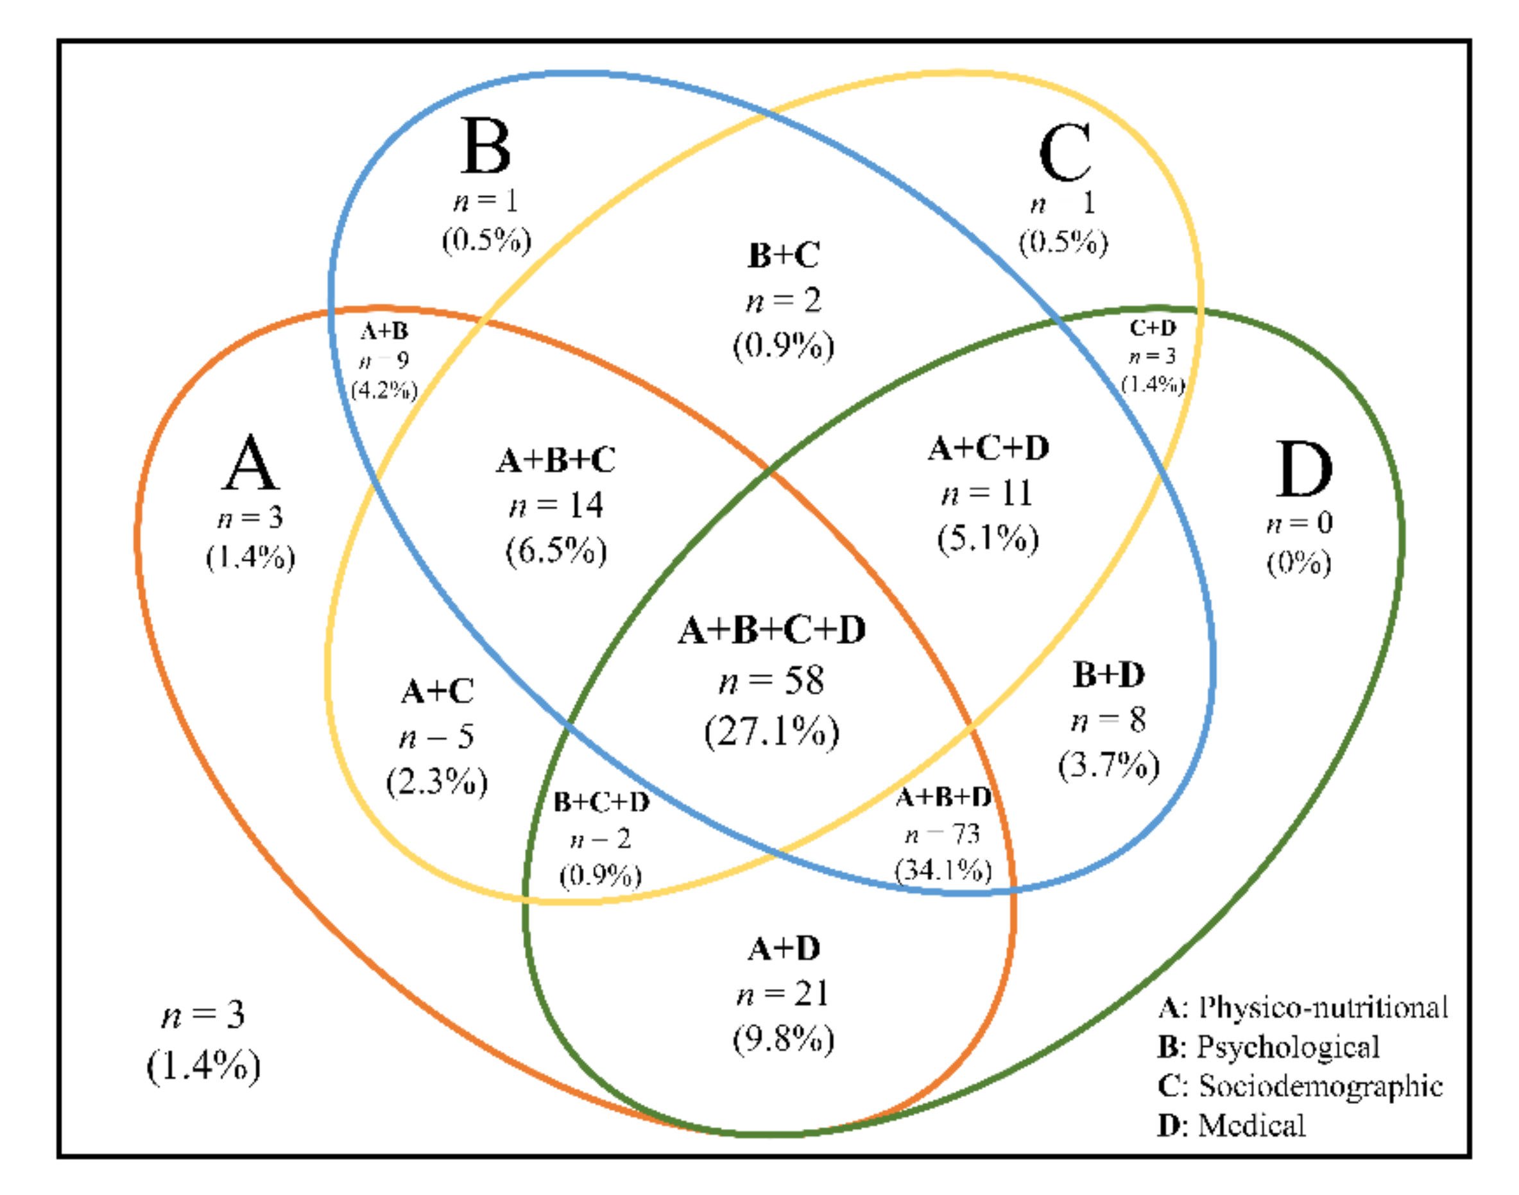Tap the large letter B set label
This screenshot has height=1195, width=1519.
pyautogui.click(x=485, y=146)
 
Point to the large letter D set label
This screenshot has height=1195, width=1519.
pyautogui.click(x=1303, y=470)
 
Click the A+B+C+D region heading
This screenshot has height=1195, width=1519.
pyautogui.click(x=771, y=630)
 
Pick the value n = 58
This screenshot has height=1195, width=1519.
pyautogui.click(x=771, y=680)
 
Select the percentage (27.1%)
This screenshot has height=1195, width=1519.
pyautogui.click(x=771, y=732)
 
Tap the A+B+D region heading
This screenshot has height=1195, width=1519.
pyautogui.click(x=943, y=797)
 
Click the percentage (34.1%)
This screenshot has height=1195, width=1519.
pyautogui.click(x=943, y=870)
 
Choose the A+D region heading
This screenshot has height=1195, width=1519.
pyautogui.click(x=784, y=949)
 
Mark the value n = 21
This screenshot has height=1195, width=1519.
pyautogui.click(x=784, y=994)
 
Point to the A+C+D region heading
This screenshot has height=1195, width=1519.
pyautogui.click(x=988, y=448)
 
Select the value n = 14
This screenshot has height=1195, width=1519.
pyautogui.click(x=556, y=505)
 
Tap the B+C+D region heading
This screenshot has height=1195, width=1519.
pyautogui.click(x=601, y=802)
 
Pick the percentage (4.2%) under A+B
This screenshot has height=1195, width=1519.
pyautogui.click(x=384, y=390)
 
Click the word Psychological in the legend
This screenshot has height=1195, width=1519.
pyautogui.click(x=1288, y=1047)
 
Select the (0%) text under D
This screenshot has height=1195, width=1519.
pyautogui.click(x=1298, y=563)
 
